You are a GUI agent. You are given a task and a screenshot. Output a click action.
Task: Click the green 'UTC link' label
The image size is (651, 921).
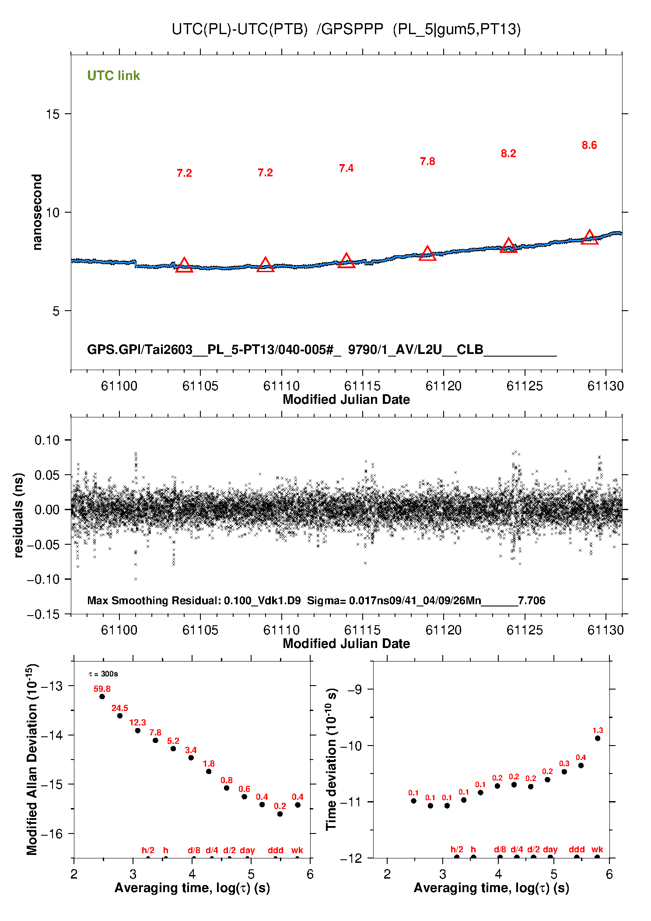tap(113, 76)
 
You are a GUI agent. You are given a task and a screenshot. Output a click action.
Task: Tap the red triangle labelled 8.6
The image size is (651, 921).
tap(589, 237)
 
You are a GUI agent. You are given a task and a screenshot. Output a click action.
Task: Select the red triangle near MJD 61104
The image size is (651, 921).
tap(184, 265)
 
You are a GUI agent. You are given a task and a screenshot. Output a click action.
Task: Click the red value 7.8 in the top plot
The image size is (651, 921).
tap(427, 161)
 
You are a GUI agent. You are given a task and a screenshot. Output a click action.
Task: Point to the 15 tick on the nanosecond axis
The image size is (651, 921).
tap(52, 114)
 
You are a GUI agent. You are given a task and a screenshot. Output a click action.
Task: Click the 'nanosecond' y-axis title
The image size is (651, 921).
tap(37, 212)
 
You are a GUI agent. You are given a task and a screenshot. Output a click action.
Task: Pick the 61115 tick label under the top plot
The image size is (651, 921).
tap(362, 386)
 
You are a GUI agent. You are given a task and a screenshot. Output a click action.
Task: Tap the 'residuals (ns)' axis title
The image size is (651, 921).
tap(18, 515)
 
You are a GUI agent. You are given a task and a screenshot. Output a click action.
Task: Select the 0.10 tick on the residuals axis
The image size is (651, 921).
tap(47, 440)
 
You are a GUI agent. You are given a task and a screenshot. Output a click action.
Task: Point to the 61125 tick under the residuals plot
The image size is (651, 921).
tap(525, 630)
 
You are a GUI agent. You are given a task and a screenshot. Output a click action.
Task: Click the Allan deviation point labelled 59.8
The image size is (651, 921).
tap(102, 697)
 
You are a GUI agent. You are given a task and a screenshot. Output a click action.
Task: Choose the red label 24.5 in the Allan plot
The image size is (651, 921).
tap(120, 708)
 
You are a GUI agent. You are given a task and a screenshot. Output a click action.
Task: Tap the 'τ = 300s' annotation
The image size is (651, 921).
tap(103, 674)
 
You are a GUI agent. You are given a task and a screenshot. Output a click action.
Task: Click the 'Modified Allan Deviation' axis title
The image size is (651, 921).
tap(31, 759)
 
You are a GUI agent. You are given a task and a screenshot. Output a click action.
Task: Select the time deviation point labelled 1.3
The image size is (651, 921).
tap(598, 738)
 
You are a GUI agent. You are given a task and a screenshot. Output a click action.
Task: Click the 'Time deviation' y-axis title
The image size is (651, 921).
tap(331, 759)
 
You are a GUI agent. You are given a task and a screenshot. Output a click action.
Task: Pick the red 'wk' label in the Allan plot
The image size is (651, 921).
tap(297, 850)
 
